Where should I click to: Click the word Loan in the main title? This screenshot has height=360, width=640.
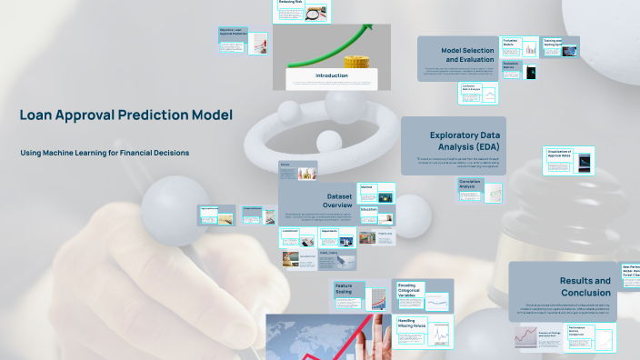(36, 115)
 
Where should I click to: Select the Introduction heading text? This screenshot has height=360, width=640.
(331, 75)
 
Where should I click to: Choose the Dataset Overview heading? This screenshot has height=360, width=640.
(345, 201)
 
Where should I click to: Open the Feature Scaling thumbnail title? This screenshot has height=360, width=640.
(344, 288)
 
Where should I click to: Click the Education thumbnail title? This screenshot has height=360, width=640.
(368, 209)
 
